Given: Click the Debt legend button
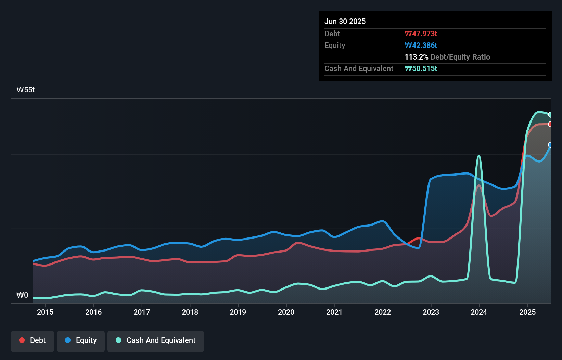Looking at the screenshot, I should pyautogui.click(x=33, y=340).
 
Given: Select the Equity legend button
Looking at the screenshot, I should pyautogui.click(x=81, y=340).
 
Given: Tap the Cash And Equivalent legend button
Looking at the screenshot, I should pyautogui.click(x=156, y=340).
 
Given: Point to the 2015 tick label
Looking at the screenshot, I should pyautogui.click(x=45, y=312).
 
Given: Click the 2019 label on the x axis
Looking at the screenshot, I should pyautogui.click(x=238, y=312).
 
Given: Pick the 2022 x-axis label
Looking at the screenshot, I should pyautogui.click(x=383, y=312).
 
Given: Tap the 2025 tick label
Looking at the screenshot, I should pyautogui.click(x=527, y=312).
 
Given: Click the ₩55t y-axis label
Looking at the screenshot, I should pyautogui.click(x=26, y=90).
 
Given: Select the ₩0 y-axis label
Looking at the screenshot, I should pyautogui.click(x=22, y=295).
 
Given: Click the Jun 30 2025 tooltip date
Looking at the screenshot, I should pyautogui.click(x=345, y=22).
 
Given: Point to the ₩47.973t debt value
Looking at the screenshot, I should pyautogui.click(x=421, y=34).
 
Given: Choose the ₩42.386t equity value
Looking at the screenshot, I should pyautogui.click(x=421, y=46).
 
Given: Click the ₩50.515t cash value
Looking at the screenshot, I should pyautogui.click(x=421, y=69).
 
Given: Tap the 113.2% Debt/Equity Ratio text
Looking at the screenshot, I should pyautogui.click(x=447, y=57).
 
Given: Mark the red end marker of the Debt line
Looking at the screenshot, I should pyautogui.click(x=550, y=124).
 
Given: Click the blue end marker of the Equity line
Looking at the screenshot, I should pyautogui.click(x=550, y=145).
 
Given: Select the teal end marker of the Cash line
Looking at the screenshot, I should pyautogui.click(x=550, y=115).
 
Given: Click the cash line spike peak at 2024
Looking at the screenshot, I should pyautogui.click(x=479, y=156).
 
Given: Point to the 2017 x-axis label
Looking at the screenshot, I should pyautogui.click(x=142, y=312).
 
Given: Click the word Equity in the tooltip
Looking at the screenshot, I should pyautogui.click(x=335, y=46).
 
